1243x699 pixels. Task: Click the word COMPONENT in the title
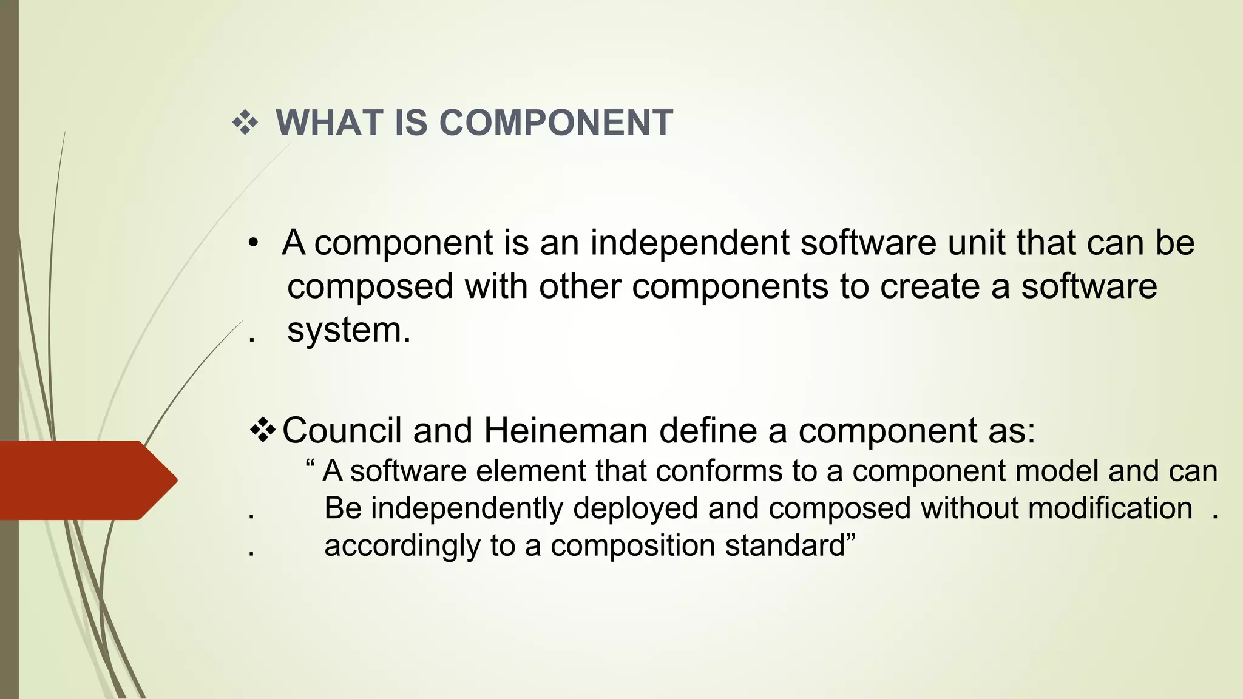[x=555, y=123]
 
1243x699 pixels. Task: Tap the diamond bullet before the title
[x=245, y=123]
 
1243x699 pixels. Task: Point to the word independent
[x=690, y=243]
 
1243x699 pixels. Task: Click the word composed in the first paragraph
[x=370, y=287]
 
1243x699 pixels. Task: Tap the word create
[x=930, y=286]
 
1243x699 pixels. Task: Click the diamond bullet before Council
[x=263, y=430]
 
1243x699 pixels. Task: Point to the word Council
[x=342, y=431]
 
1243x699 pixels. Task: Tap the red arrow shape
[x=85, y=480]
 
